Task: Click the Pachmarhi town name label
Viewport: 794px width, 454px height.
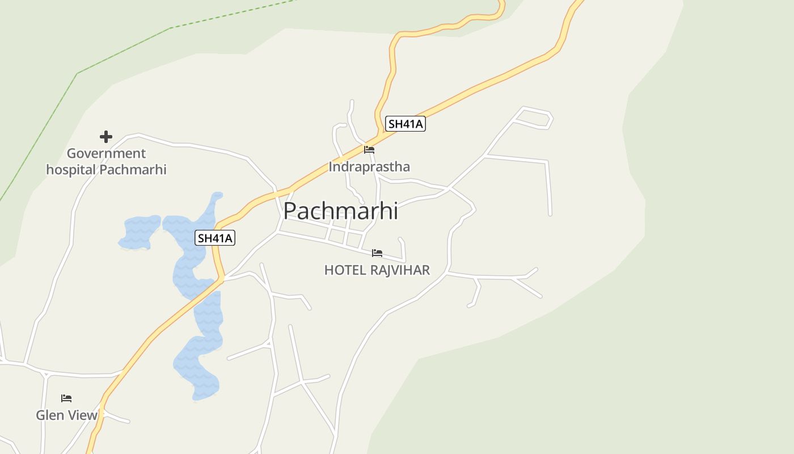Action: click(x=340, y=211)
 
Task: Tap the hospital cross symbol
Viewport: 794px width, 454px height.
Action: click(x=106, y=137)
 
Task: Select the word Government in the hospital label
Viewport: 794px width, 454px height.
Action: click(x=106, y=153)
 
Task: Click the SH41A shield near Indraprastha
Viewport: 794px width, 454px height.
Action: click(x=405, y=124)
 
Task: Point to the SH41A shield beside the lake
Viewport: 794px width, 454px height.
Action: click(x=215, y=238)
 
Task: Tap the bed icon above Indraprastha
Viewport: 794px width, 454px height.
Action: click(x=369, y=150)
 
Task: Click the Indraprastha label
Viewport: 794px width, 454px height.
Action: click(x=369, y=167)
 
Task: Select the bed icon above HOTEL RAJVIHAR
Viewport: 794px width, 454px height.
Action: click(x=377, y=253)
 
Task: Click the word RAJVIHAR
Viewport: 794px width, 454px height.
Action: click(x=400, y=270)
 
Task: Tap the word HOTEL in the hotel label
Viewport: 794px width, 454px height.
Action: click(x=345, y=270)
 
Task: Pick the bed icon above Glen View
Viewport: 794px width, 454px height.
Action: click(x=66, y=398)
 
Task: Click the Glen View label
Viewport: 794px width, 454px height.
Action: click(x=67, y=415)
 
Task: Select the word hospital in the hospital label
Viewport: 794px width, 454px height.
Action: click(x=71, y=169)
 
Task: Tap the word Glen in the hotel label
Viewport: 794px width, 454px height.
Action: click(x=49, y=415)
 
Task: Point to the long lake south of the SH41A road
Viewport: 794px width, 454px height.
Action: click(x=201, y=352)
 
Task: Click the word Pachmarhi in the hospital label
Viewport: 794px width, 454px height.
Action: click(x=133, y=169)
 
